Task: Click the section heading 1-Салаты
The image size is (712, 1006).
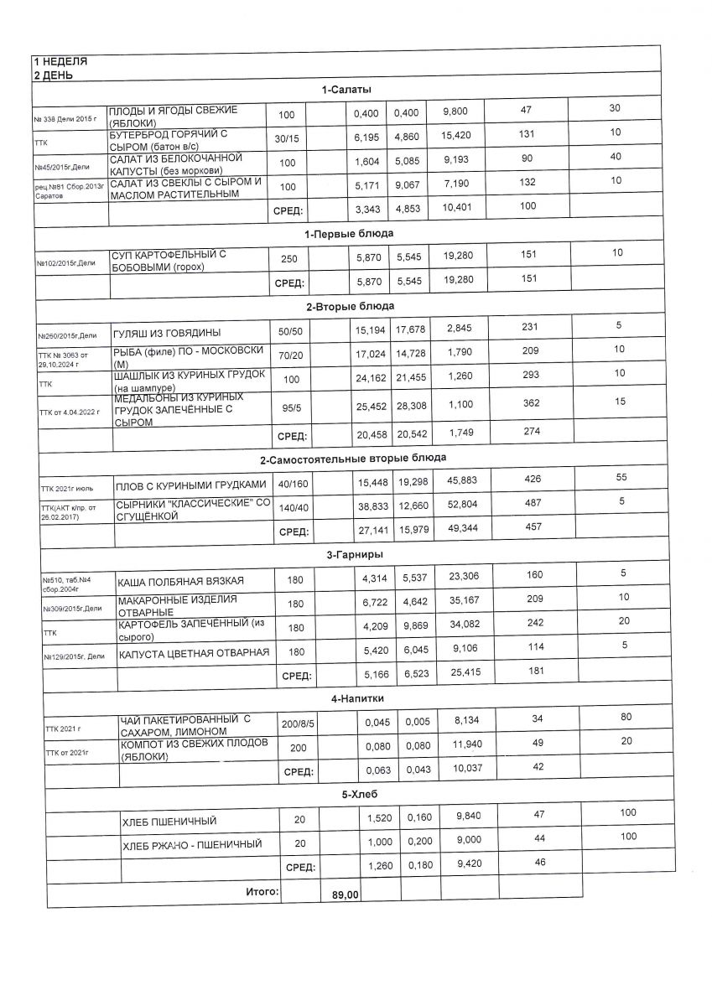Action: pyautogui.click(x=346, y=90)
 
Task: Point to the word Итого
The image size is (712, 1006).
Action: pyautogui.click(x=262, y=893)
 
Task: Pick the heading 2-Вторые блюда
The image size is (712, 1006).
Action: pyautogui.click(x=350, y=305)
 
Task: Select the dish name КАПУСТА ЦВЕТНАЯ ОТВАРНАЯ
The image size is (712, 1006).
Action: pyautogui.click(x=194, y=653)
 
